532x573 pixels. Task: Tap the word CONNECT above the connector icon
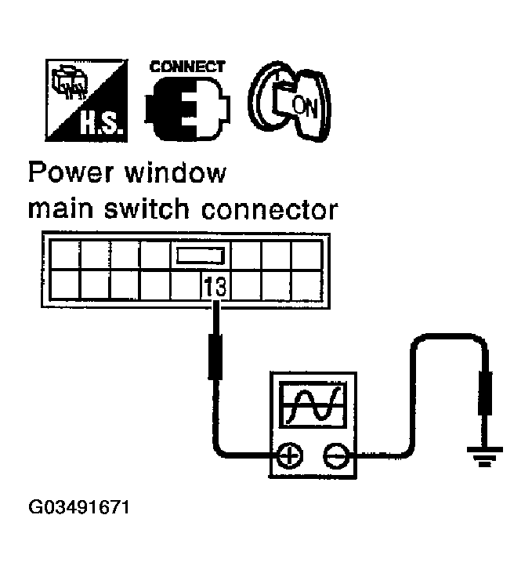click(187, 67)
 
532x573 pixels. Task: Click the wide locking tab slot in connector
click(201, 256)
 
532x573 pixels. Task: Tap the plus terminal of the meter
click(291, 455)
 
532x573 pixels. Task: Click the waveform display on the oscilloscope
click(313, 404)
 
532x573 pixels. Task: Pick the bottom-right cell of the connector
click(305, 285)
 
